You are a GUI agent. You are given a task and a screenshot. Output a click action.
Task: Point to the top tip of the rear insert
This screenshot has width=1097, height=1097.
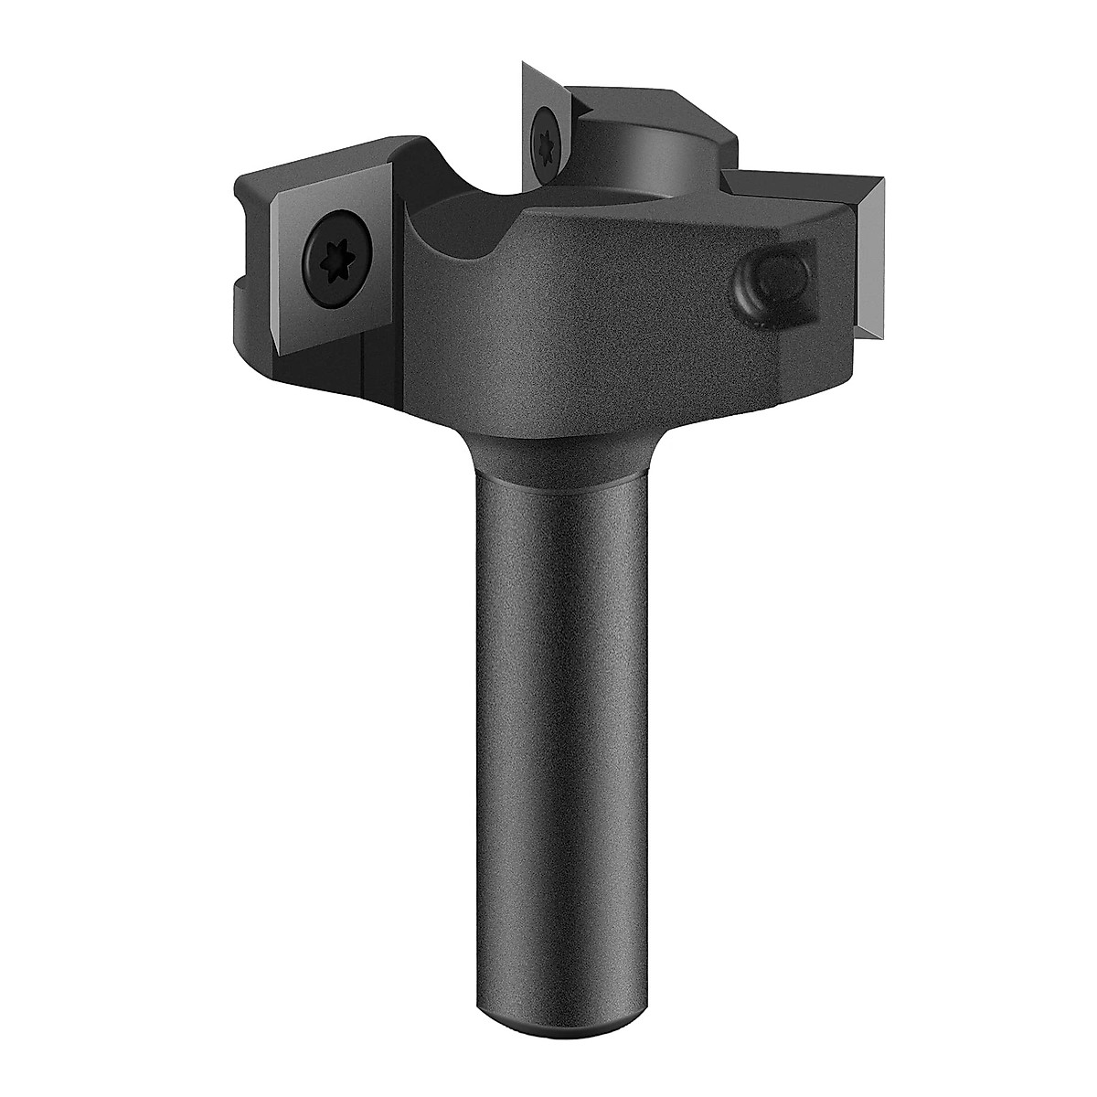pos(523,63)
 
